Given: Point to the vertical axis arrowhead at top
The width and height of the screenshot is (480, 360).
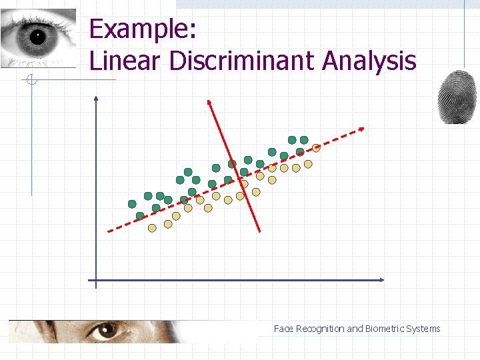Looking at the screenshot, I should (x=96, y=99).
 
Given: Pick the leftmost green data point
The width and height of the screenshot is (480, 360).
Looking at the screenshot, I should (x=132, y=204).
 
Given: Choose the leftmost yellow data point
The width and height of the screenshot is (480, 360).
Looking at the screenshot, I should (x=152, y=228).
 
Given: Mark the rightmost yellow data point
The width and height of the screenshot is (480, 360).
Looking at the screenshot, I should (x=316, y=148).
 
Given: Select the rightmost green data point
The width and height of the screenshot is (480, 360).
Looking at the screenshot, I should (x=304, y=140).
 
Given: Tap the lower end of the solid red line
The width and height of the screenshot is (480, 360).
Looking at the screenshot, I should (x=260, y=231).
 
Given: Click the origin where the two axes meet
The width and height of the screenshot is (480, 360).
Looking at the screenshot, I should (x=96, y=280).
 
